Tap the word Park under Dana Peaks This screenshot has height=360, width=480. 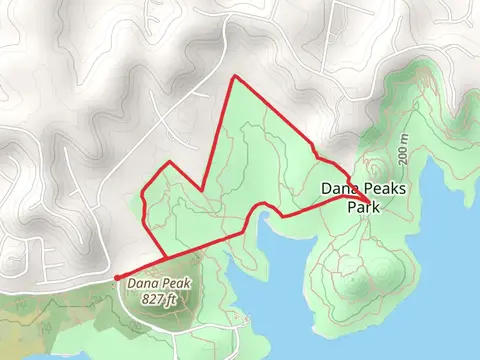coord(364,208)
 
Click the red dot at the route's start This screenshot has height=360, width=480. coord(116,278)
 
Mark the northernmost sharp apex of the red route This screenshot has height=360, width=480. coord(233,76)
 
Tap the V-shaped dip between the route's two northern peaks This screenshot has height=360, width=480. coord(204,189)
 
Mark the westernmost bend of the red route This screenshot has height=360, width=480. coord(145,200)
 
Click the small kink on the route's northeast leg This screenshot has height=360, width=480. coord(316,152)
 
